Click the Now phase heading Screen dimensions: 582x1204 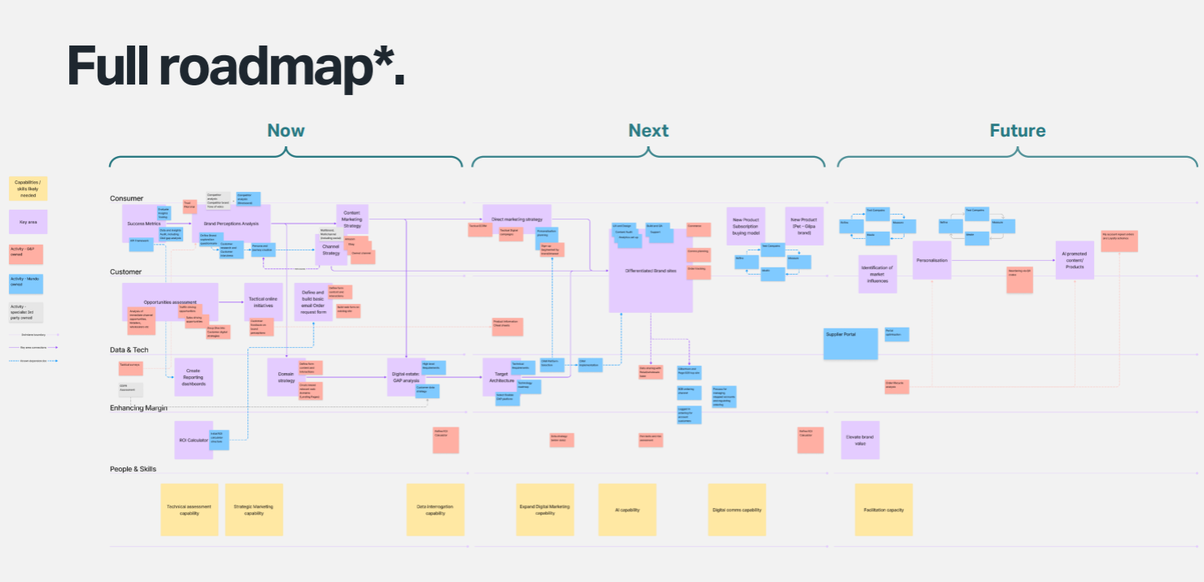(x=286, y=130)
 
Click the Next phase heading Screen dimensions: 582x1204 (x=648, y=130)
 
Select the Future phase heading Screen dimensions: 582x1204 (x=1017, y=130)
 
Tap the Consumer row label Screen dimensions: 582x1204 (x=126, y=198)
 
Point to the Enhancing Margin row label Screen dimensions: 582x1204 (x=138, y=407)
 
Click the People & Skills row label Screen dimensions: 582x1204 (x=133, y=469)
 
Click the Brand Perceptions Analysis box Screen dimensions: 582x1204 (x=231, y=224)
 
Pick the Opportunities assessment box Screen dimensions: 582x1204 (x=170, y=302)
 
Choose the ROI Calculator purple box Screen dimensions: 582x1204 (x=194, y=440)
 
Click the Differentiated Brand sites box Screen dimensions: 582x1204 (x=651, y=270)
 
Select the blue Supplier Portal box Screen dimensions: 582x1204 (x=850, y=344)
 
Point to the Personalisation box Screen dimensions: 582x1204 (x=931, y=260)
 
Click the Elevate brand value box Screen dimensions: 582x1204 (x=860, y=440)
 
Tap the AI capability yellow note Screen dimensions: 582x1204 (x=627, y=510)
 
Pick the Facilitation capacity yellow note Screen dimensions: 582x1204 (x=883, y=510)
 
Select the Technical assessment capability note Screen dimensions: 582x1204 (x=189, y=510)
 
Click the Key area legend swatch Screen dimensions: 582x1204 (x=28, y=221)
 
